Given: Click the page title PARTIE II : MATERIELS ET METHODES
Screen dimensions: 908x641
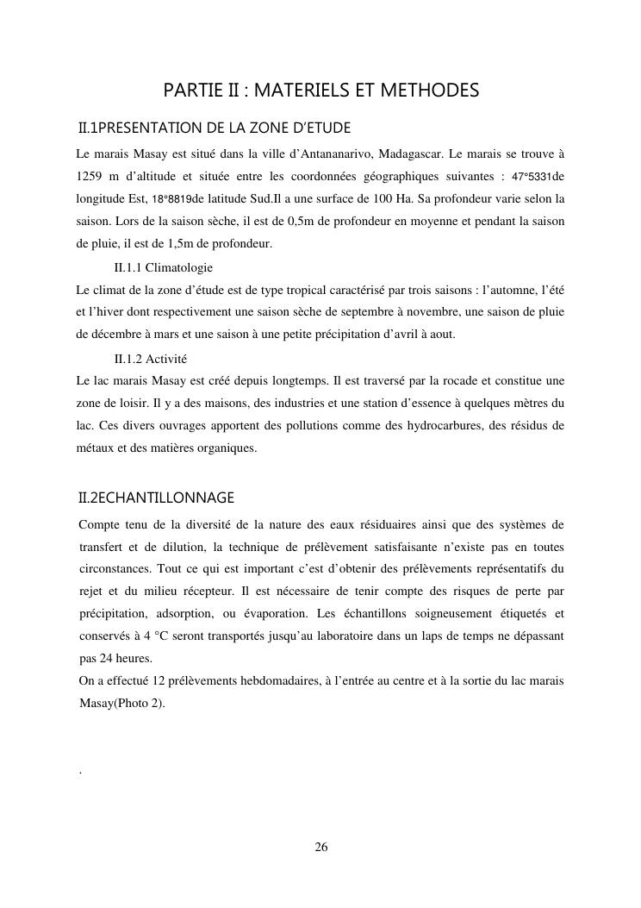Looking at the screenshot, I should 320,91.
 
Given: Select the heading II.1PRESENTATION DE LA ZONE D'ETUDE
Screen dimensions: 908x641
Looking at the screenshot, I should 215,128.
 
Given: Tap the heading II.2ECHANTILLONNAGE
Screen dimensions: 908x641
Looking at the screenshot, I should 156,498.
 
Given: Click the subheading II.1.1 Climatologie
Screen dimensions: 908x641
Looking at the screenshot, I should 163,267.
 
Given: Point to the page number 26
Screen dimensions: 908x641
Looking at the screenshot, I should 320,847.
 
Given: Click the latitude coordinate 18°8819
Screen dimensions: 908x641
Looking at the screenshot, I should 171,199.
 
